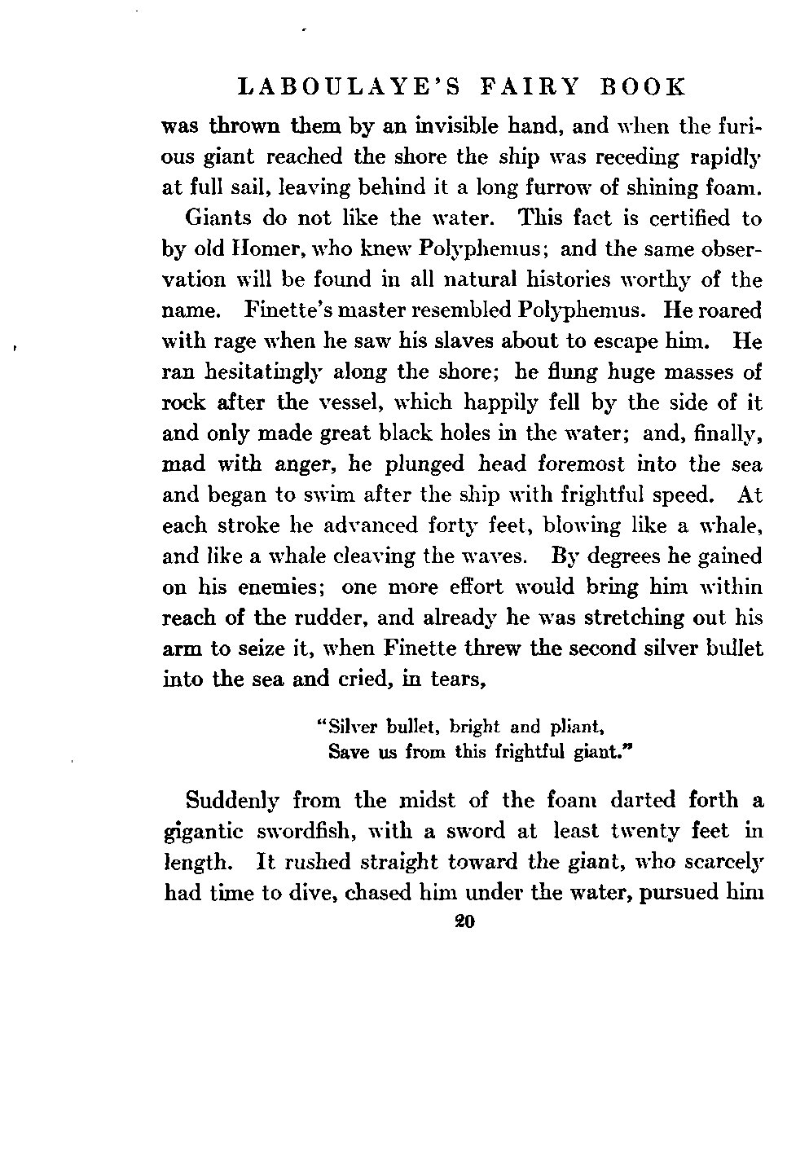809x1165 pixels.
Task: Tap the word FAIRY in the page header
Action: (529, 87)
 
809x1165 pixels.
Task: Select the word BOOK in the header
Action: (644, 87)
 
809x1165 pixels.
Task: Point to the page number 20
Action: (465, 923)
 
